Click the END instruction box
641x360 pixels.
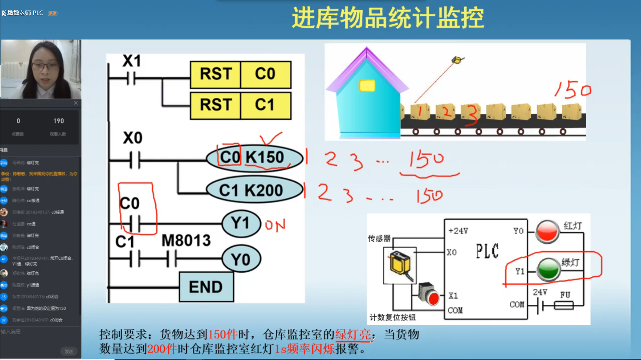206,287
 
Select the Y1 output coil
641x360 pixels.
241,223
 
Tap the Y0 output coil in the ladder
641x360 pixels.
241,259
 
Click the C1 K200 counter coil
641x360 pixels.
254,190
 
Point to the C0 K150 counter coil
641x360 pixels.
254,158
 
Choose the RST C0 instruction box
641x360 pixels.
240,75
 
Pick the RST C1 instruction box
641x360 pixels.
240,105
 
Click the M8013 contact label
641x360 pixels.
186,240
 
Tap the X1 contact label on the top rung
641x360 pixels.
131,61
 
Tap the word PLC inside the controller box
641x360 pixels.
487,251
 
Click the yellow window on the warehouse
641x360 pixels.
367,86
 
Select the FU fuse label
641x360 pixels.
565,295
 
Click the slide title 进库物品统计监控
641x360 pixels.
388,18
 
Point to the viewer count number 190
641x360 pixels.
59,121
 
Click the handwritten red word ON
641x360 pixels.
275,225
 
